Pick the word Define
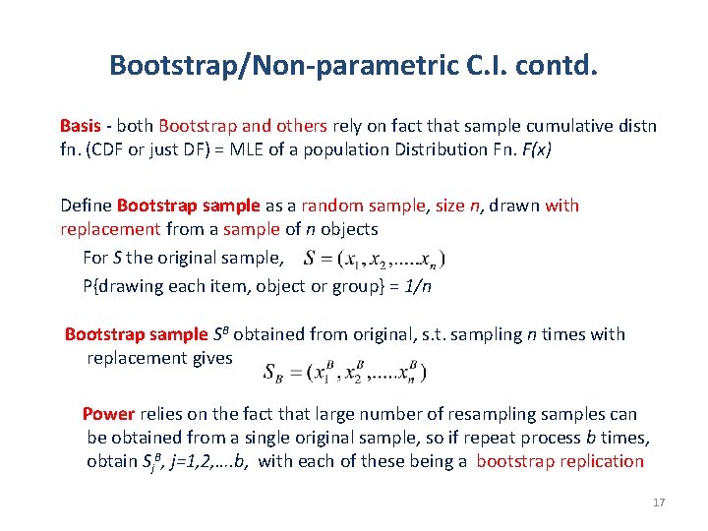[x=86, y=206]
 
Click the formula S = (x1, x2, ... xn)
[x=374, y=260]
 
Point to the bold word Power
[x=108, y=414]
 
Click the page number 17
[x=659, y=502]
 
